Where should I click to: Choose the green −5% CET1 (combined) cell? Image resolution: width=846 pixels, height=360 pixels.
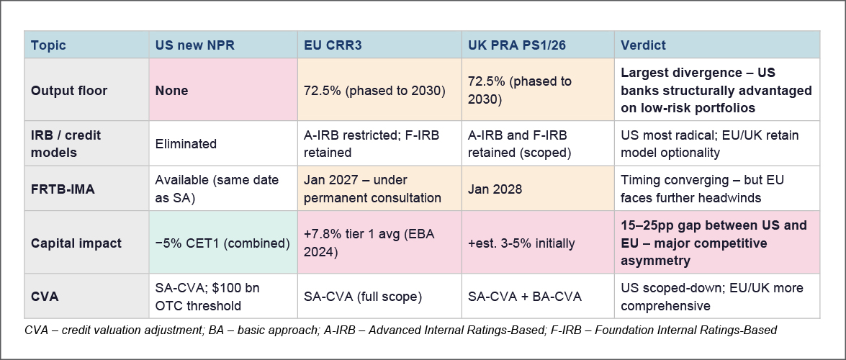coord(222,243)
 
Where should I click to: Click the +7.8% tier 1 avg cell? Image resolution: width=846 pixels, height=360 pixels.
coord(379,243)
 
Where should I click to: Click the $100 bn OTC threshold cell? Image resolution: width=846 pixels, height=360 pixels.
coord(222,296)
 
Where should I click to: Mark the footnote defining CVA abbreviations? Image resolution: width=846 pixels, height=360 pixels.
coord(400,330)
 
